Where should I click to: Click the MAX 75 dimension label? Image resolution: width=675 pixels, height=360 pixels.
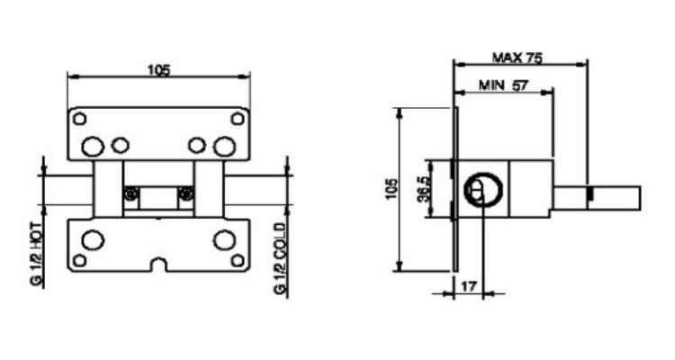pos(517,58)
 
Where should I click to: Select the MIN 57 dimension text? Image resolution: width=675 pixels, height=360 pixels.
pos(503,85)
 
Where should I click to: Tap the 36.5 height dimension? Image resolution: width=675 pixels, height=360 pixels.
pos(425,189)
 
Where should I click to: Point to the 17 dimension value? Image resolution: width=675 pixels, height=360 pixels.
pos(469,286)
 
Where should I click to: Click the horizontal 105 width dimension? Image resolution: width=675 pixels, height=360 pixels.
pos(158,70)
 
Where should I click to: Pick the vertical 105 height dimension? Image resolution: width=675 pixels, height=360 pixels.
pos(391,189)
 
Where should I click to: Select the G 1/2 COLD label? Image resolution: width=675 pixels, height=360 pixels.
pos(280,258)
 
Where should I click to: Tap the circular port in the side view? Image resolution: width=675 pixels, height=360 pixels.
pos(483,190)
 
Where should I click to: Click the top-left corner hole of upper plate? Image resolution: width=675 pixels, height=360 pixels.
pos(79,119)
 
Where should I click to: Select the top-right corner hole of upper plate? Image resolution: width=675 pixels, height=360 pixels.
pos(238,119)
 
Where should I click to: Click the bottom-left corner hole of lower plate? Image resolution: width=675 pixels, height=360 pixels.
pos(79,260)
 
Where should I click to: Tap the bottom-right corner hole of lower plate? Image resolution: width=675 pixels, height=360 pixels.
pos(238,260)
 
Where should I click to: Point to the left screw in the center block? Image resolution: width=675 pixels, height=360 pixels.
pos(131,193)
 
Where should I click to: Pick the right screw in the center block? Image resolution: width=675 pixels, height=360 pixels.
pos(186,193)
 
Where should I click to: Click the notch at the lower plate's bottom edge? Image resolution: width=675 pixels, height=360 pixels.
pos(158,265)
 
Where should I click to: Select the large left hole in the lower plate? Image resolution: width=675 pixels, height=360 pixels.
pos(93,240)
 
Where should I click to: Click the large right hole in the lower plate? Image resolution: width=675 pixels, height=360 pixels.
pos(225,240)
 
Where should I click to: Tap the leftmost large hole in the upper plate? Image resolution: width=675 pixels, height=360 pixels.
pos(93,147)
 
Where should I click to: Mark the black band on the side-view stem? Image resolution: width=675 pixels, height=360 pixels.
pos(590,193)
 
